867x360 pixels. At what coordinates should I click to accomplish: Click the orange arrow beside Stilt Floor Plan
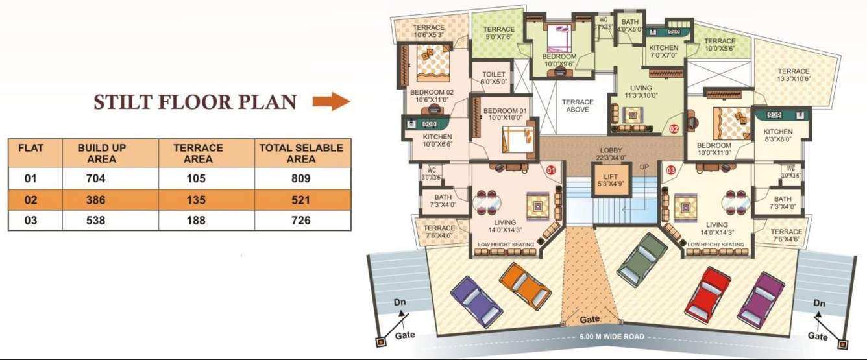coord(331,102)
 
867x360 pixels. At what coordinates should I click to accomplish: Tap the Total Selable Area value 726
coord(300,221)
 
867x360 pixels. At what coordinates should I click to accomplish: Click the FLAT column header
coord(31,148)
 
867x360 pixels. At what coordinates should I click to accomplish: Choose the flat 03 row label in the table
coord(31,221)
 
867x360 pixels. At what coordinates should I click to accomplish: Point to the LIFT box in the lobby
coord(611,180)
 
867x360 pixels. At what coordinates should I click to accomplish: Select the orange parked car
coord(525,285)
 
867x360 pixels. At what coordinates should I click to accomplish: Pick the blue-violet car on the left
coord(476,301)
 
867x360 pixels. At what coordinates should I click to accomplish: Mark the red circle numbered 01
coord(551,171)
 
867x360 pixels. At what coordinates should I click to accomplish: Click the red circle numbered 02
coord(674,128)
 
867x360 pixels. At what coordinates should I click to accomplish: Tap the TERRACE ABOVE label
coord(577,106)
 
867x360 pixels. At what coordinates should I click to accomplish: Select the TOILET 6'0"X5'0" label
coord(493,78)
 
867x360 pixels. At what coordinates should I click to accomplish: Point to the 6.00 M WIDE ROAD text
coord(612,337)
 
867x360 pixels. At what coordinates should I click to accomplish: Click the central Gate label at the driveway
coord(589,320)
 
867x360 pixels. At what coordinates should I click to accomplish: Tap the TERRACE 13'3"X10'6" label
coord(794,75)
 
